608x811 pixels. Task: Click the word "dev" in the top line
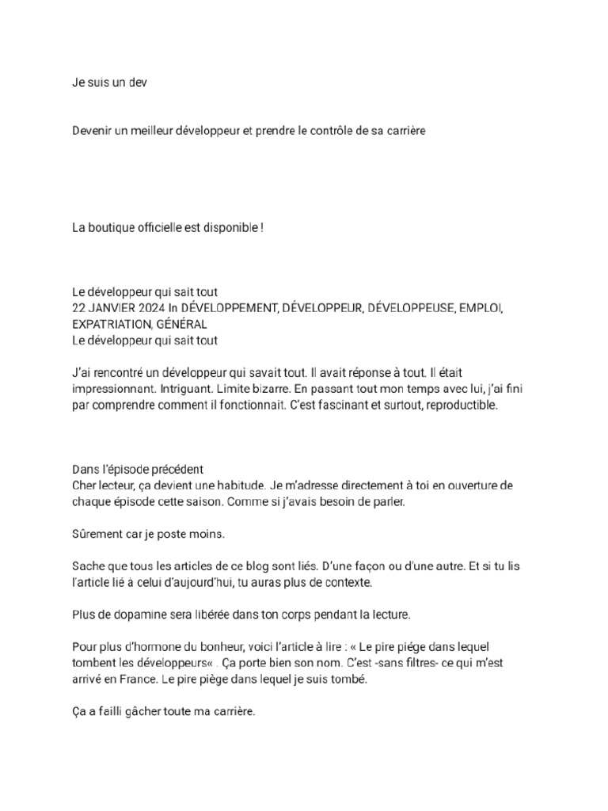pos(137,82)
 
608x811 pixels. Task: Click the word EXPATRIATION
pos(111,324)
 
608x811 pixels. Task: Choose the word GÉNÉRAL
pos(182,324)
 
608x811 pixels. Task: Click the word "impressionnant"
pos(112,390)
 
